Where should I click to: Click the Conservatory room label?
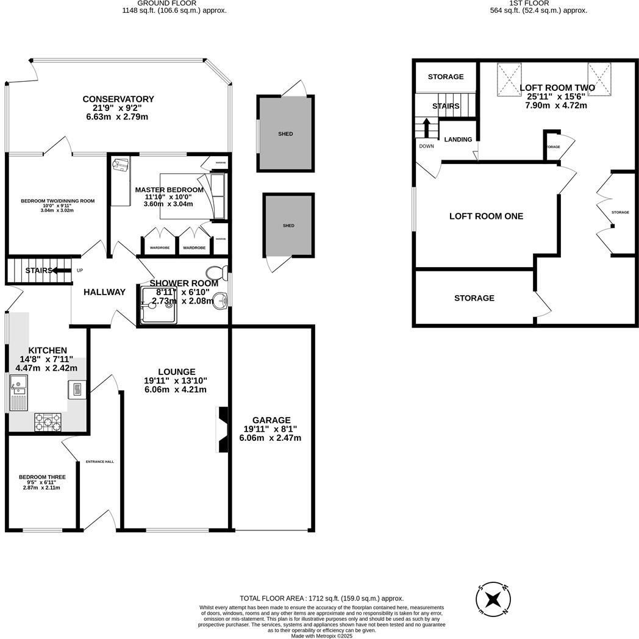point(118,99)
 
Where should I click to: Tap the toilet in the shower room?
point(214,272)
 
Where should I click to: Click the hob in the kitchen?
point(48,421)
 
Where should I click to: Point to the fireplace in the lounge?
point(221,430)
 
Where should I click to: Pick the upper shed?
point(285,134)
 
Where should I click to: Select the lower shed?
point(288,226)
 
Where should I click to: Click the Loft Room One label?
point(486,216)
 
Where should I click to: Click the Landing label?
point(458,140)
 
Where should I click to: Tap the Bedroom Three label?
point(42,477)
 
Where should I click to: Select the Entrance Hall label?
point(100,462)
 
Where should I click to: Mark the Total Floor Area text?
point(321,599)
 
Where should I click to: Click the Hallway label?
point(104,292)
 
